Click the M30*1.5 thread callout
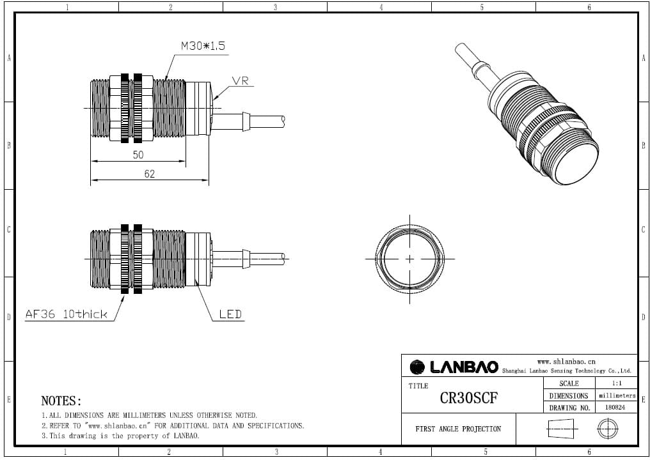[203, 46]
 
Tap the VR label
[241, 81]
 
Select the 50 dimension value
[138, 155]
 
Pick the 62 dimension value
[149, 174]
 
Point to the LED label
[230, 314]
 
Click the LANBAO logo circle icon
[417, 367]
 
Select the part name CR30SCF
[468, 398]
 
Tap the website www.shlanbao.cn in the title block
[566, 361]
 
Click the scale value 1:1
[617, 383]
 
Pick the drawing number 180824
[615, 407]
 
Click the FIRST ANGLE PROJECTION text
[458, 429]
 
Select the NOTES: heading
[61, 401]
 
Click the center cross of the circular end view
[409, 259]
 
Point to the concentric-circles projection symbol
[607, 429]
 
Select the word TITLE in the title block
[418, 386]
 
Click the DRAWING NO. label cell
[569, 407]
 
